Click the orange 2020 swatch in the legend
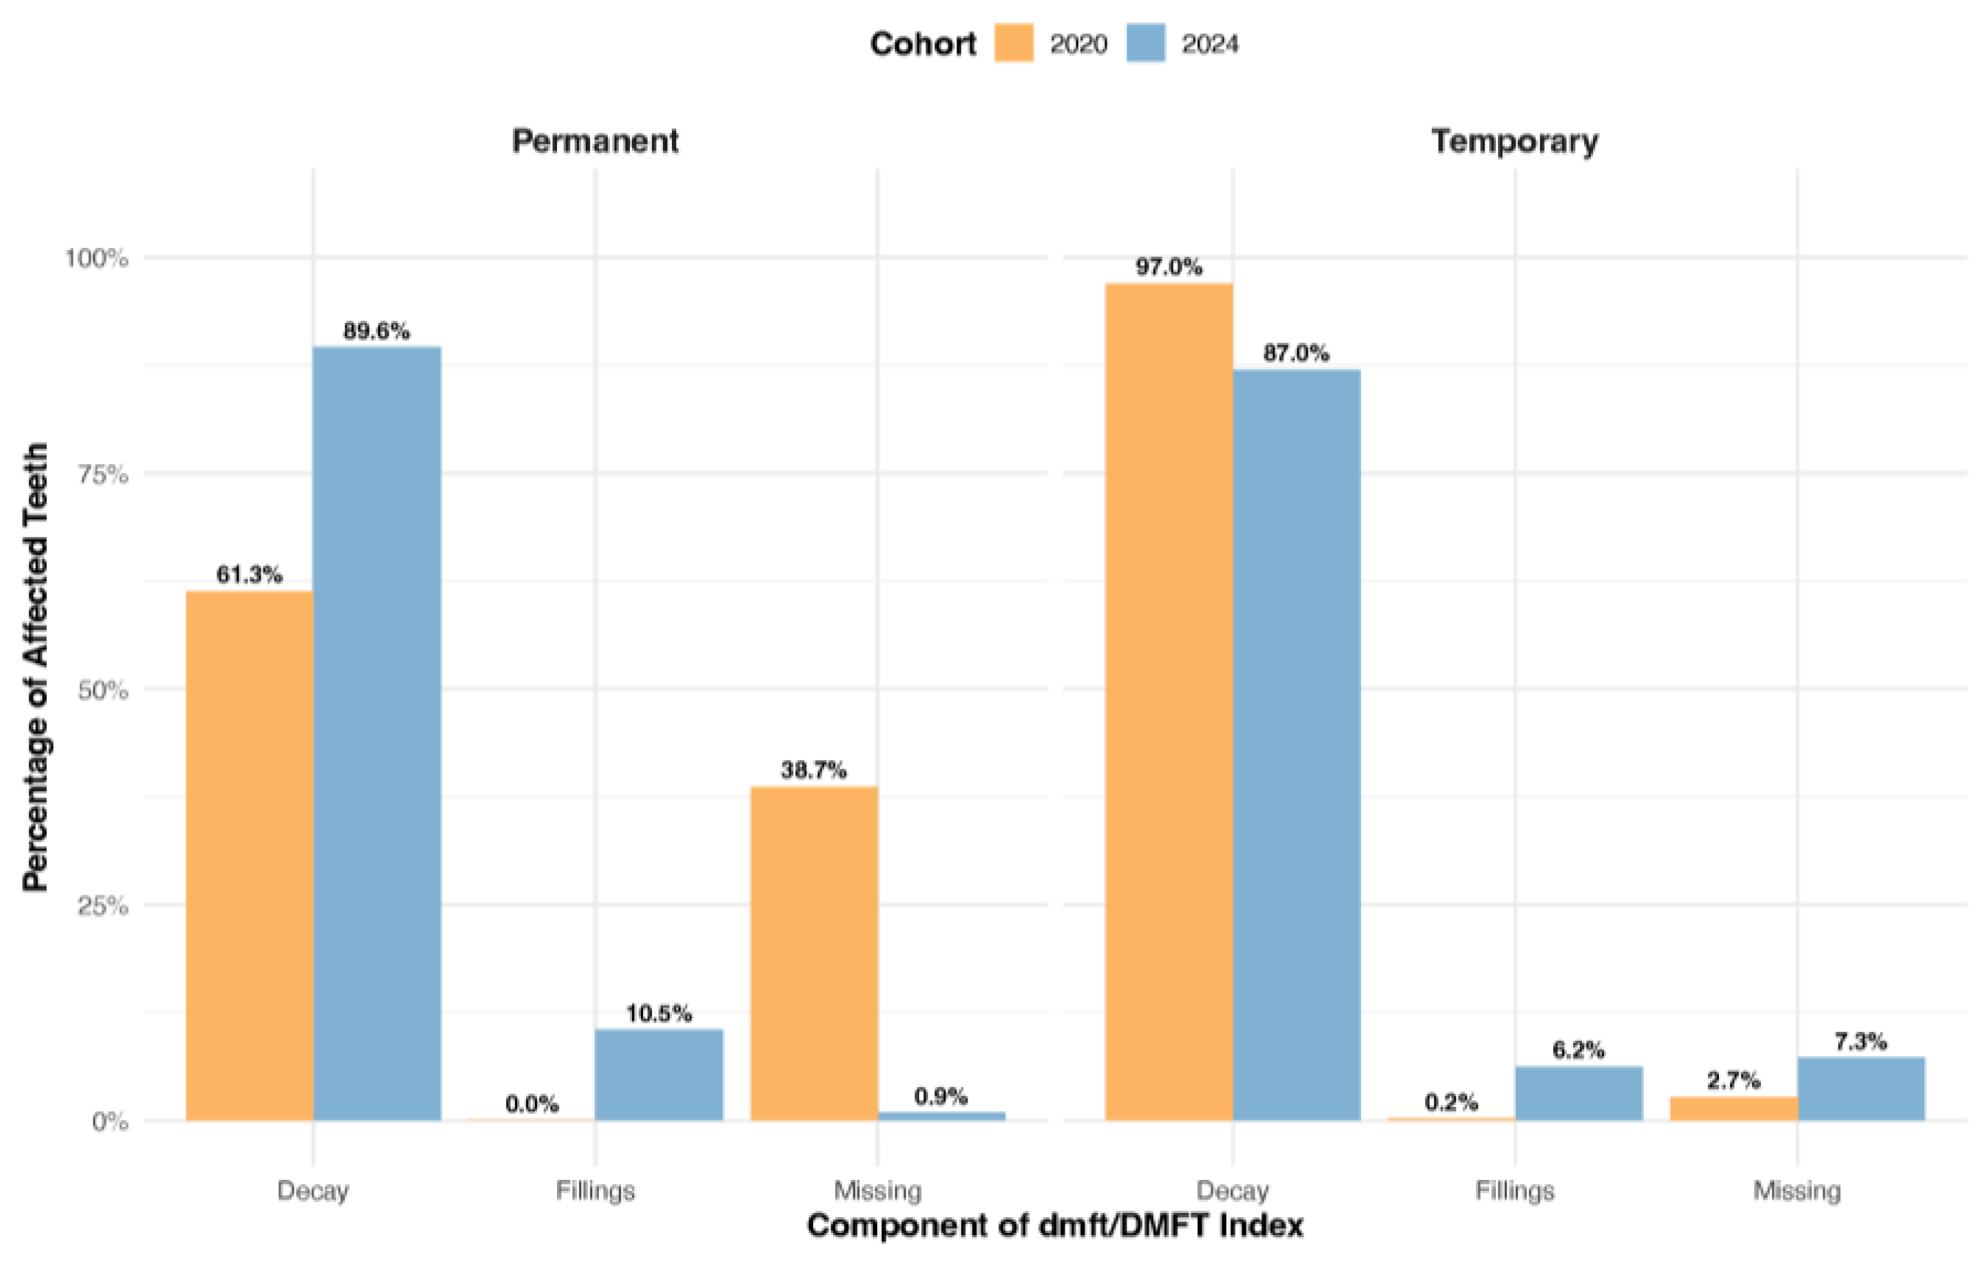[1014, 43]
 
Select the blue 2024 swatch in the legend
[1146, 43]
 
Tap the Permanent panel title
[595, 141]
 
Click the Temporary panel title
[1514, 141]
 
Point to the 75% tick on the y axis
[104, 474]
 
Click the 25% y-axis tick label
[104, 906]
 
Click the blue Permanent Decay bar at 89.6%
[377, 733]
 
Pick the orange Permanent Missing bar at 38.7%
[814, 953]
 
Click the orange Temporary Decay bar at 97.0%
[1168, 702]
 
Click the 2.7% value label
[1733, 1080]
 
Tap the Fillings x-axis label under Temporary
[1514, 1190]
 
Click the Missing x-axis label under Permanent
[878, 1190]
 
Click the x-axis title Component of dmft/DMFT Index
[1055, 1226]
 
